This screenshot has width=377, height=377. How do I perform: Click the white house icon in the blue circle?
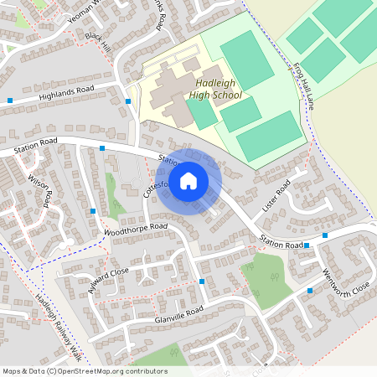pos(188,180)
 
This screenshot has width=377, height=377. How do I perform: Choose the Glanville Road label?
pos(178,313)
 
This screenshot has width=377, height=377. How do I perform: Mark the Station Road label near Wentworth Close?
pos(280,244)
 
